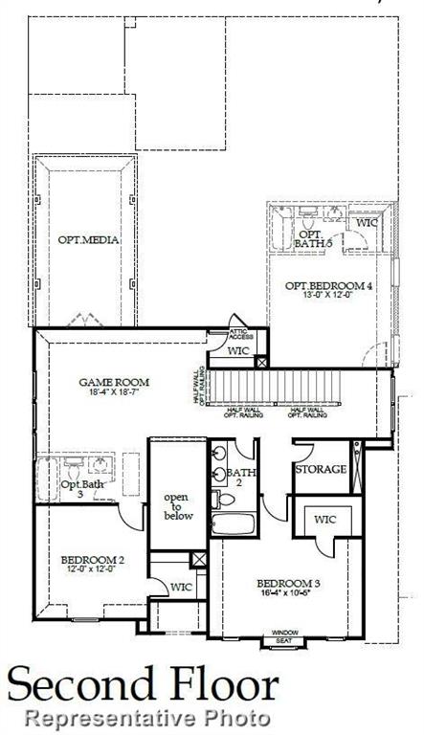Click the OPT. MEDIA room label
(88, 239)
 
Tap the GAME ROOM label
(113, 382)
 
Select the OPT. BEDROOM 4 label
(328, 285)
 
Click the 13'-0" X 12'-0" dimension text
(328, 296)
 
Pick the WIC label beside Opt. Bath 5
(368, 222)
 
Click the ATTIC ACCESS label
(241, 335)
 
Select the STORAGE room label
(320, 469)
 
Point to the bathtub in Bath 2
(234, 524)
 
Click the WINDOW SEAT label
(284, 635)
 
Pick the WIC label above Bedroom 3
(325, 520)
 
